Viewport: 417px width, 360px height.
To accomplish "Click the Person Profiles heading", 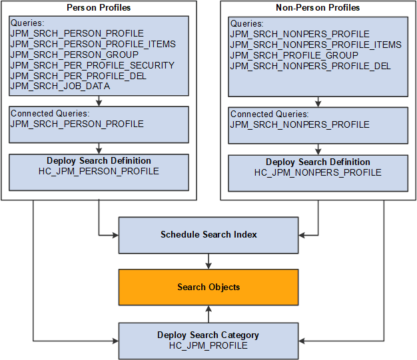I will (99, 7).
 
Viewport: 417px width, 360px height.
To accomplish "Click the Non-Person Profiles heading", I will (318, 7).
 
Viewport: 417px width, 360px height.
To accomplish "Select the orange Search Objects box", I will (209, 287).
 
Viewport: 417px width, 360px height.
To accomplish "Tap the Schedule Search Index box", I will (209, 234).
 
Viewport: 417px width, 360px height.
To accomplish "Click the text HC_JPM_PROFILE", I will (209, 345).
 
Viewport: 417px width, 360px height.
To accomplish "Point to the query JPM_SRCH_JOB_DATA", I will (60, 86).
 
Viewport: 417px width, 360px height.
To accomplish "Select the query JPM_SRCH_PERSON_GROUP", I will (75, 55).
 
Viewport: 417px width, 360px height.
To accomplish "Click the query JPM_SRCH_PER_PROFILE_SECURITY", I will (92, 65).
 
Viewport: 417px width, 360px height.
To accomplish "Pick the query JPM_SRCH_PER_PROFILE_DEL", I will (79, 76).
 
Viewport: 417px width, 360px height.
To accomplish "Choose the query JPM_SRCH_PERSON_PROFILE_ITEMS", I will (93, 44).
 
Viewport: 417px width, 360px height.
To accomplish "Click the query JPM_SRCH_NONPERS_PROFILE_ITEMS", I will (316, 45).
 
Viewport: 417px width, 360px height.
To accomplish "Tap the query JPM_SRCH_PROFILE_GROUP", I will (294, 55).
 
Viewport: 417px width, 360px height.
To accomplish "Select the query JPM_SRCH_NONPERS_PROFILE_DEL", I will (310, 66).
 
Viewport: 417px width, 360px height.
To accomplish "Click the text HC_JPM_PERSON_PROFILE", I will (99, 171).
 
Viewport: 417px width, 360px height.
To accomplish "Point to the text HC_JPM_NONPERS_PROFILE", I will (318, 172).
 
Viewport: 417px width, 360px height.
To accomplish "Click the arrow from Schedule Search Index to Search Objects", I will (209, 261).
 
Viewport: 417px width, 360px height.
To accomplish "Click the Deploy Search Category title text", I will (209, 335).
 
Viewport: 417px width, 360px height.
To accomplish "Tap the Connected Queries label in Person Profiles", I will (49, 113).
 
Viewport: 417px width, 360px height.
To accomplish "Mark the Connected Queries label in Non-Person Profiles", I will (269, 114).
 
